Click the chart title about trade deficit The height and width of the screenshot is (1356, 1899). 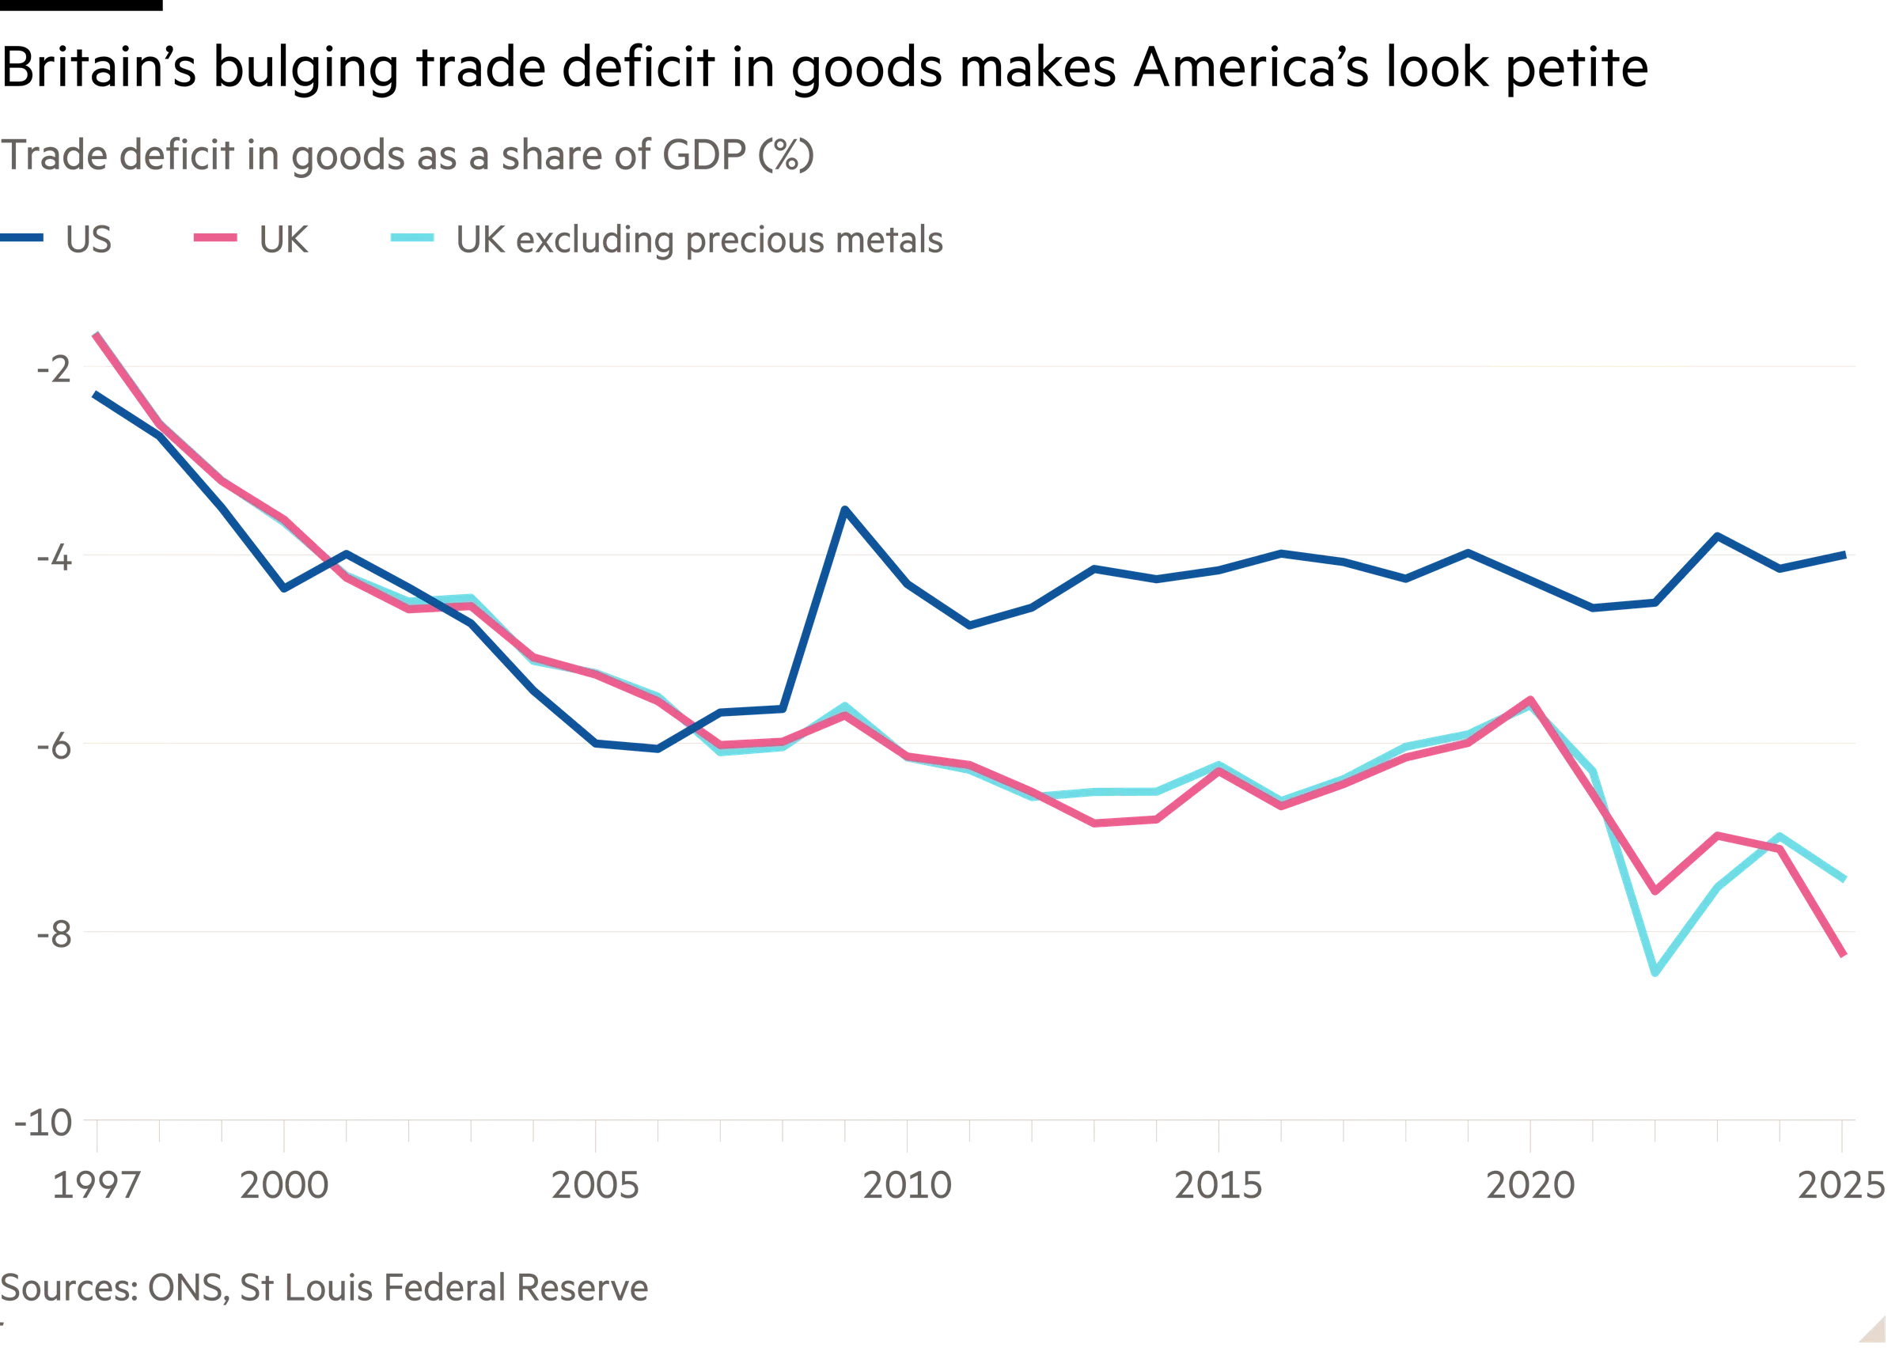click(407, 156)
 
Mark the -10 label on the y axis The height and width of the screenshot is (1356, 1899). click(46, 1124)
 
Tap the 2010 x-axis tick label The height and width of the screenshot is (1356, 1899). click(908, 1186)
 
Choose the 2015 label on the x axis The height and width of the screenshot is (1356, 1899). click(1219, 1186)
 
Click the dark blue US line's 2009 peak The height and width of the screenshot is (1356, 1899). click(846, 507)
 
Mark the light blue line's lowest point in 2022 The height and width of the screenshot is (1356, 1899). click(1655, 975)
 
